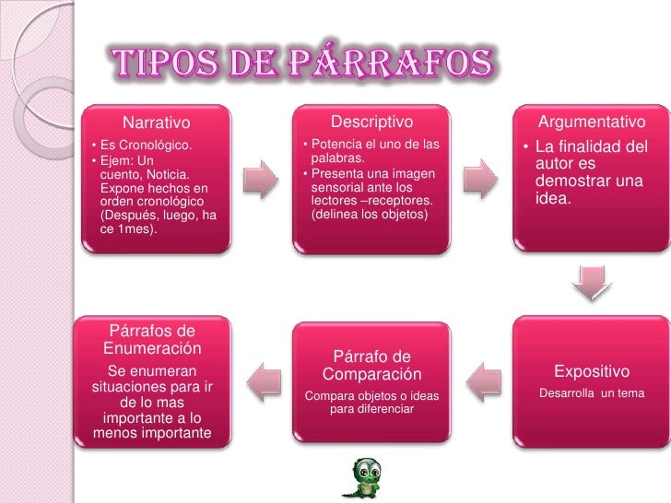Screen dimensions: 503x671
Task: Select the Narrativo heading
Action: [x=156, y=123]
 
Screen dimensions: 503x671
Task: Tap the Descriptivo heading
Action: [x=371, y=122]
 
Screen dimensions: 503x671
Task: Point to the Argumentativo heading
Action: [x=591, y=123]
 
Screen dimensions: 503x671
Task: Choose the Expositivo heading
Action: [x=591, y=371]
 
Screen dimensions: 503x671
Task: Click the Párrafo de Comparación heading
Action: [x=371, y=365]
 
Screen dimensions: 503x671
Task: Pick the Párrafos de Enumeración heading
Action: [x=152, y=340]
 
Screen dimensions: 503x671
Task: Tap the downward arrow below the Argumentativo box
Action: [x=591, y=283]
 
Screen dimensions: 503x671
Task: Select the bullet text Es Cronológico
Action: [x=147, y=146]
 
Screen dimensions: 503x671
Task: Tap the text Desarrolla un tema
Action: [x=591, y=393]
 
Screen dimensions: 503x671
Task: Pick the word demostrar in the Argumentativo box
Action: [x=571, y=181]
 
